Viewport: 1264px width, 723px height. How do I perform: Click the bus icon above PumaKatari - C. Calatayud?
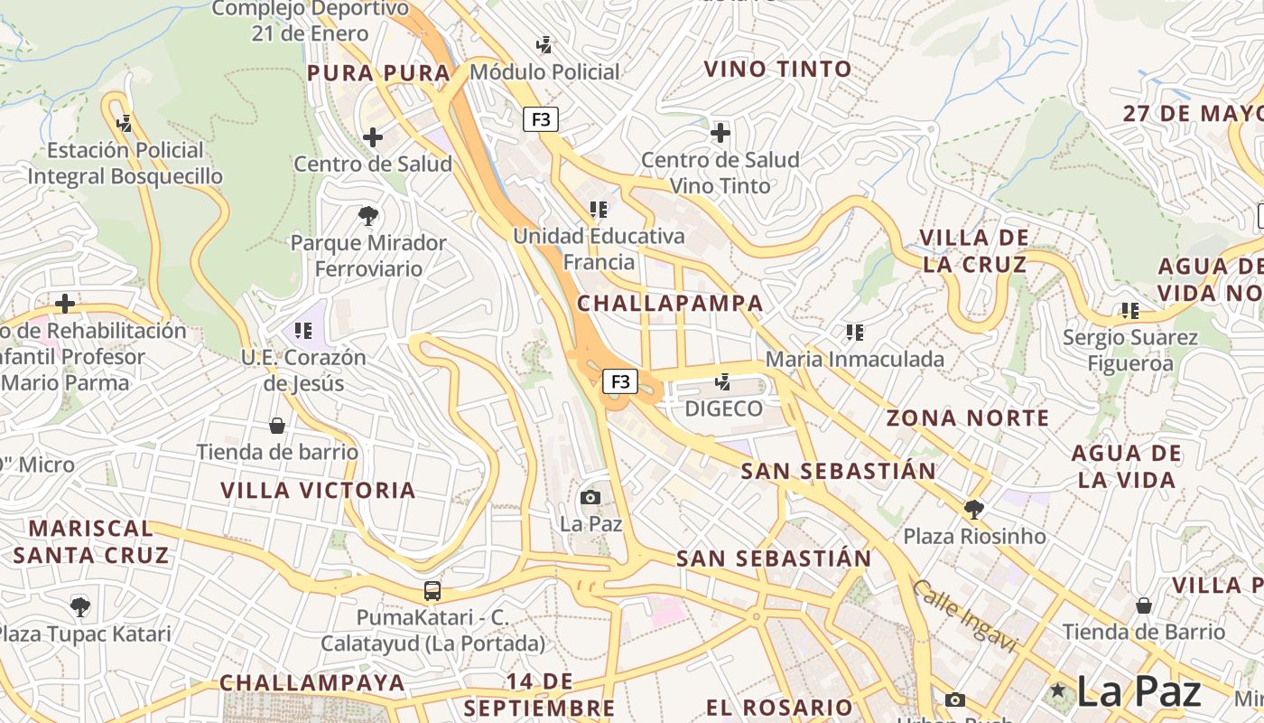click(432, 592)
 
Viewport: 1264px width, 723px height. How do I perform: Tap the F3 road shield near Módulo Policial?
click(540, 119)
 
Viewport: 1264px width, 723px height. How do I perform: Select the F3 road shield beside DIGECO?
click(620, 381)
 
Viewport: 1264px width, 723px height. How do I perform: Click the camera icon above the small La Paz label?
click(590, 497)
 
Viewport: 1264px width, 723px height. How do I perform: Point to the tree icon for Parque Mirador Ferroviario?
click(367, 216)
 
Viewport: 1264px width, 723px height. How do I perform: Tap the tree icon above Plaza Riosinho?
click(973, 510)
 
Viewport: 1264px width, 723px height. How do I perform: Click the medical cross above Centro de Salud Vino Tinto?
click(720, 134)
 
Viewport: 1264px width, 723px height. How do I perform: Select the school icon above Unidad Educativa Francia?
click(598, 210)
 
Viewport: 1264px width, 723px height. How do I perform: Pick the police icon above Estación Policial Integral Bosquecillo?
click(125, 123)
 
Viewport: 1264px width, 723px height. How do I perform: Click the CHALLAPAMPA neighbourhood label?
click(670, 304)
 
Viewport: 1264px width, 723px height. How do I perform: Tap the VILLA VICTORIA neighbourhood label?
click(319, 491)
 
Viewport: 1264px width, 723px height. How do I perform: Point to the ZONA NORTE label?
click(968, 418)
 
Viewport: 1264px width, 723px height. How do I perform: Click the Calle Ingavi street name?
click(964, 616)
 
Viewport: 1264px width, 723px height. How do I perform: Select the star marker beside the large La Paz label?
click(1058, 691)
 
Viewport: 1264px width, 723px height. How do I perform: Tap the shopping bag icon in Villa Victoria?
click(277, 425)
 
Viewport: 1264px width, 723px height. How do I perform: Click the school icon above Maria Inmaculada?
click(854, 333)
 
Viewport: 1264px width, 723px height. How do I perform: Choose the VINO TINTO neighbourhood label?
click(777, 69)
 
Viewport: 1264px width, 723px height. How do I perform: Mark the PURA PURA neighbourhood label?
click(378, 73)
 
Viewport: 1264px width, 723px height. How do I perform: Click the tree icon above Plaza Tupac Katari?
click(80, 606)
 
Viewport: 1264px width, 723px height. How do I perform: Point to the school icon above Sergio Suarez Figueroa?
click(1129, 311)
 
